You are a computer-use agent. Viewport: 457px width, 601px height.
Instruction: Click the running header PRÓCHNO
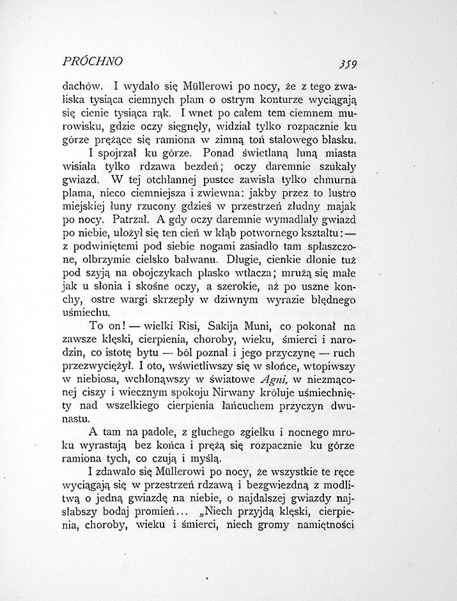point(93,62)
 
